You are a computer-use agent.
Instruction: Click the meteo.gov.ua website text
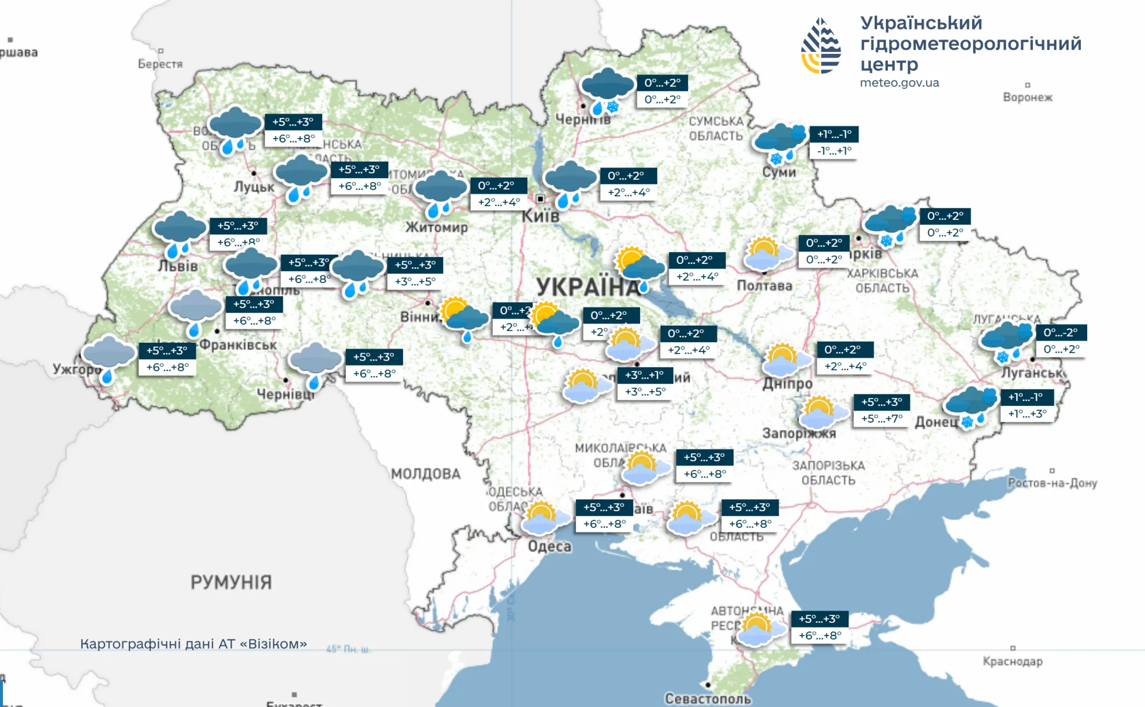(x=899, y=82)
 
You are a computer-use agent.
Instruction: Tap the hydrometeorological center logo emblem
(x=821, y=46)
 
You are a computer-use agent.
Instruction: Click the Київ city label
(x=540, y=216)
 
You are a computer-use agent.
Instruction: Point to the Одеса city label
(x=549, y=546)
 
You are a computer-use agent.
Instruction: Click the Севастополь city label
(x=708, y=698)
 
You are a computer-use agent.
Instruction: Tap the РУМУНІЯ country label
(x=231, y=582)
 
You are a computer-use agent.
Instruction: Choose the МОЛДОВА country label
(x=425, y=474)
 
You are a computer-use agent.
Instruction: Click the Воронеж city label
(x=1027, y=97)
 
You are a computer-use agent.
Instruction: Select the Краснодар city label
(x=1012, y=661)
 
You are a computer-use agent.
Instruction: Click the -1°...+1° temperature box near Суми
(x=834, y=151)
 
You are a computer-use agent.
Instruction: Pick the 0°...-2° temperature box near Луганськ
(x=1060, y=333)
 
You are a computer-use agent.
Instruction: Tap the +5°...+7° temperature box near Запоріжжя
(x=882, y=418)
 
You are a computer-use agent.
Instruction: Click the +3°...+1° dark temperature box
(x=644, y=375)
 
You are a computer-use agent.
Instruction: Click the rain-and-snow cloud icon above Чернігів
(x=607, y=90)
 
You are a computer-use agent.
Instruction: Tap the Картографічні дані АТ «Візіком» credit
(x=194, y=644)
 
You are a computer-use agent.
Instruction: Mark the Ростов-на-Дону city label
(x=1052, y=483)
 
